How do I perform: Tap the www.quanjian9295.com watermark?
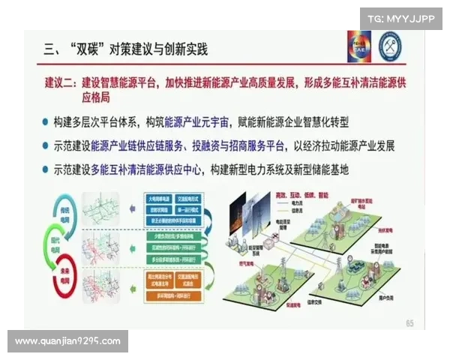click(68, 341)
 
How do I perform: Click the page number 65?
click(409, 323)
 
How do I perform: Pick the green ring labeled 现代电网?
click(66, 244)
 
